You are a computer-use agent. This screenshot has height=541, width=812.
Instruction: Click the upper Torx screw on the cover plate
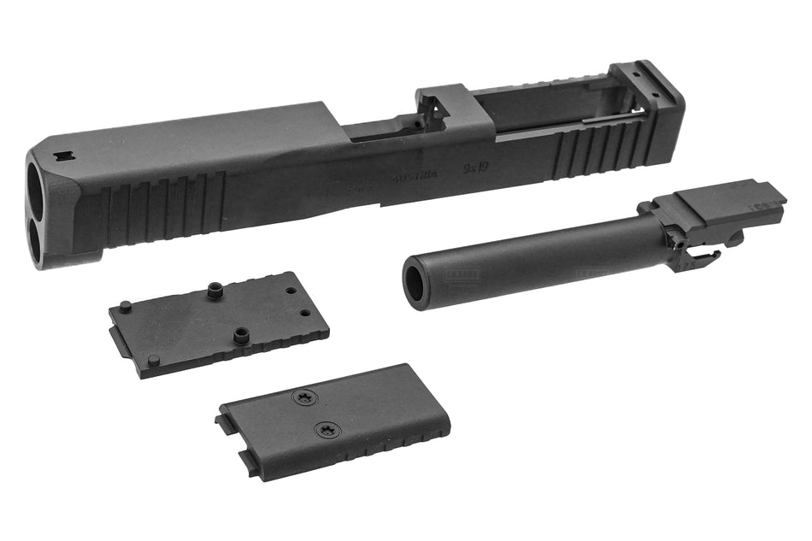[x=303, y=397]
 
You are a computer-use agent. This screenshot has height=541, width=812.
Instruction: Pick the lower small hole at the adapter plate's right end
[x=306, y=312]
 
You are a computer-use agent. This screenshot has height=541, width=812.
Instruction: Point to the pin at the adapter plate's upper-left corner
[x=125, y=305]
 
